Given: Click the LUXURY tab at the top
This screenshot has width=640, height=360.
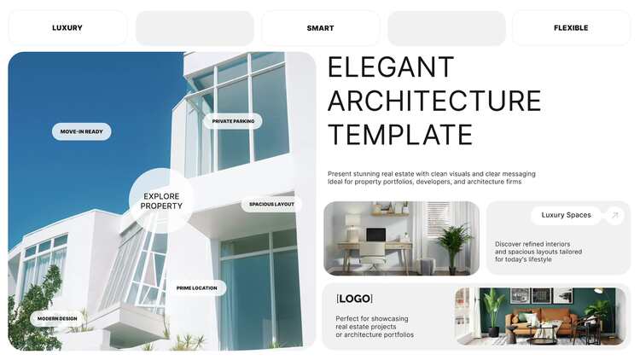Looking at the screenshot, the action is click(67, 28).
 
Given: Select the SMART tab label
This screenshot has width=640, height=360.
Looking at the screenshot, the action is click(320, 28).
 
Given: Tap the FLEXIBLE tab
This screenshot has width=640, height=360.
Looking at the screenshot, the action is click(571, 28).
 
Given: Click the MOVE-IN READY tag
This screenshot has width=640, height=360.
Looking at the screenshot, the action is click(82, 131).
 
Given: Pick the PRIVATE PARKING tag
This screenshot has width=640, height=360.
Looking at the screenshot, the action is click(233, 121).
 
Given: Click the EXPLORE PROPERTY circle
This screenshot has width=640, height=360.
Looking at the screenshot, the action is click(161, 200).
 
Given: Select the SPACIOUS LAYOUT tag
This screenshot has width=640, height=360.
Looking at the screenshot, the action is click(271, 204).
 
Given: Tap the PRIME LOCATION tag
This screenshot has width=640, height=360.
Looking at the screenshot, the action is click(197, 288).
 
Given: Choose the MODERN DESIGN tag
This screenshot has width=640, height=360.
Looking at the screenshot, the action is click(57, 318).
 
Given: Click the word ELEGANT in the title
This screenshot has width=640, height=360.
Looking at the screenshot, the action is click(391, 67).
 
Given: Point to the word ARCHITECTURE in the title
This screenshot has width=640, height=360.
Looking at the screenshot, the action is click(434, 102).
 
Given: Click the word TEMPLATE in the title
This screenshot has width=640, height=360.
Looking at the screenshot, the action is click(400, 135).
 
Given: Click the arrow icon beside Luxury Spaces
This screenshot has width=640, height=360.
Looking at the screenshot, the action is click(614, 215).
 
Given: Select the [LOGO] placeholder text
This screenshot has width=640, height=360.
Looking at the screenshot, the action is click(354, 299).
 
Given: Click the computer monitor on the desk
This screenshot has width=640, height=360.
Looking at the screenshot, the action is click(376, 235).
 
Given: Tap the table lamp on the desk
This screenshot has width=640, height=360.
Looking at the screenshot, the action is click(352, 227).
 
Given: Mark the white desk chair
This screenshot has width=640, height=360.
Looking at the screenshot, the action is click(373, 256).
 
